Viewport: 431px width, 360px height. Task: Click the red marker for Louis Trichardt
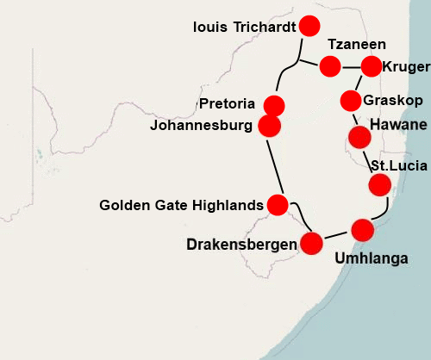click(x=307, y=27)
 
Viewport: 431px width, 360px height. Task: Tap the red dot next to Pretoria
click(x=274, y=106)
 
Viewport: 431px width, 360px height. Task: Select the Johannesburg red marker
click(x=270, y=126)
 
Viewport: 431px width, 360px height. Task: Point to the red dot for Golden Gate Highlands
click(x=278, y=205)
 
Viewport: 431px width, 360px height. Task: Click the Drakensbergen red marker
click(x=311, y=243)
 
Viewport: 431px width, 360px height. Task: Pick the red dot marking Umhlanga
click(x=363, y=230)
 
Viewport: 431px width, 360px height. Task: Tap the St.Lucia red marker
click(x=379, y=185)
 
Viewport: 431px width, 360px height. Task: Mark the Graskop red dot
click(x=351, y=100)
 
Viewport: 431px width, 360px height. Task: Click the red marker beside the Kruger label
click(x=372, y=66)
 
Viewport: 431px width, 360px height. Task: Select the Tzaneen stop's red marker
click(x=329, y=65)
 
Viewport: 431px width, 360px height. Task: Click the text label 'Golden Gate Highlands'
click(x=181, y=205)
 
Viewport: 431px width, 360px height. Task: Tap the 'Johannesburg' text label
click(x=201, y=126)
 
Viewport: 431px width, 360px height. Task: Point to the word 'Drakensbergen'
click(x=241, y=245)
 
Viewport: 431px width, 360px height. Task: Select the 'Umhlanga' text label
click(x=371, y=257)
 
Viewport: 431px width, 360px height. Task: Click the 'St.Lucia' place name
click(x=394, y=165)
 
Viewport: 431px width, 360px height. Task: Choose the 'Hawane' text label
click(x=398, y=126)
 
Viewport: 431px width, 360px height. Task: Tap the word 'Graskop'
click(x=393, y=101)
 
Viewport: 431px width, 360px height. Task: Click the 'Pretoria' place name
click(x=227, y=105)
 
